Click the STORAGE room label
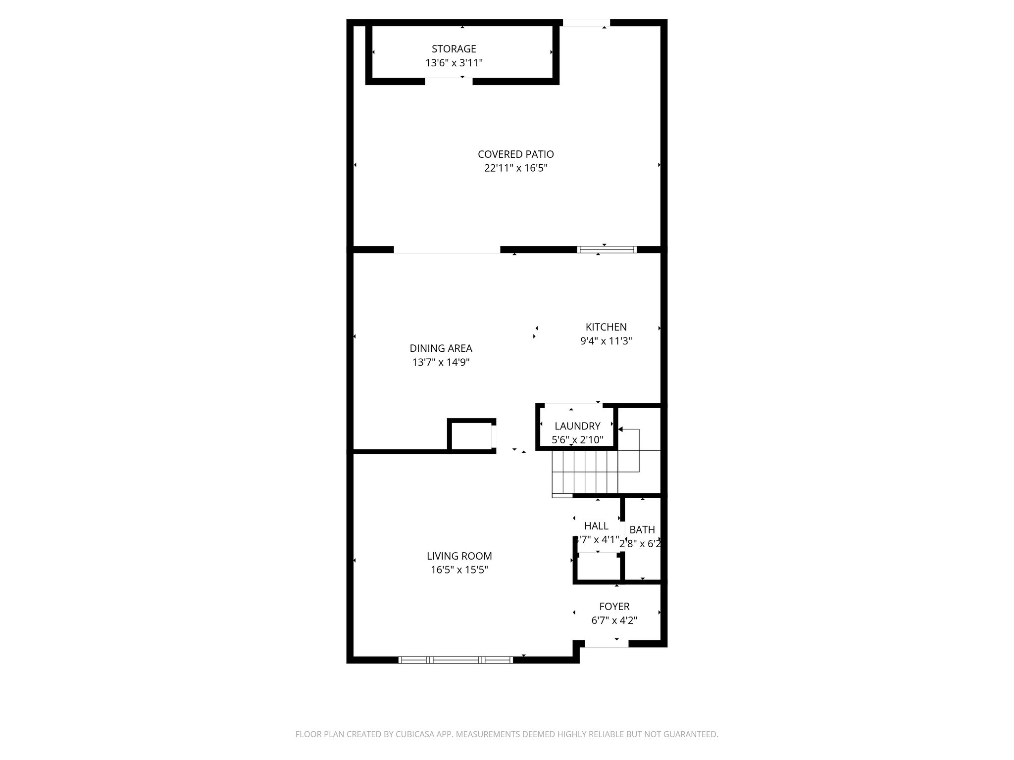pyautogui.click(x=454, y=49)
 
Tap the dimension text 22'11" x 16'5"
pyautogui.click(x=515, y=168)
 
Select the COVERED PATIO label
pyautogui.click(x=515, y=154)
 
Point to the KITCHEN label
pyautogui.click(x=606, y=327)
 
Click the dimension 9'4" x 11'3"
pyautogui.click(x=606, y=341)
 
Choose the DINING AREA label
pyautogui.click(x=441, y=348)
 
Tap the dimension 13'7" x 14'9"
pyautogui.click(x=441, y=362)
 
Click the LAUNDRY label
pyautogui.click(x=577, y=426)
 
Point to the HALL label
pyautogui.click(x=596, y=526)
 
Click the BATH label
pyautogui.click(x=642, y=530)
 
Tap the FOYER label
pyautogui.click(x=614, y=607)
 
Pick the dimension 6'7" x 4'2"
pyautogui.click(x=614, y=620)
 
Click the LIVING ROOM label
pyautogui.click(x=459, y=556)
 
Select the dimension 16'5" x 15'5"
pyautogui.click(x=459, y=570)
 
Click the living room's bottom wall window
pyautogui.click(x=456, y=660)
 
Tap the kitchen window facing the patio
pyautogui.click(x=607, y=249)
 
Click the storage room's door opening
pyautogui.click(x=449, y=81)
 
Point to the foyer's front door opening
pyautogui.click(x=607, y=644)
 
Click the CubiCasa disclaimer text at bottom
pyautogui.click(x=507, y=734)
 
